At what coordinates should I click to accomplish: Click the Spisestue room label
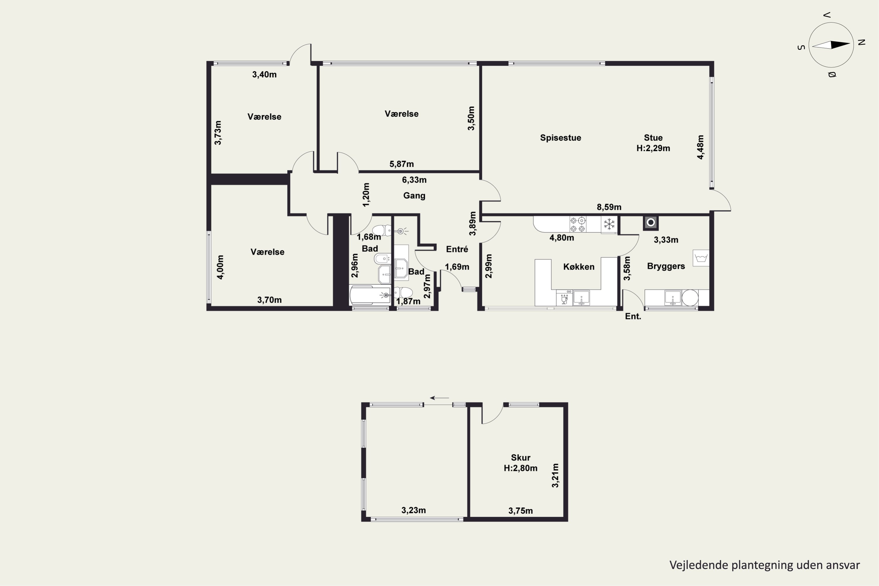[560, 138]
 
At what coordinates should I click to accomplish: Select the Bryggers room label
[666, 266]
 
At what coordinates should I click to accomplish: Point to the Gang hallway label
[414, 195]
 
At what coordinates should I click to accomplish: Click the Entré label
[457, 249]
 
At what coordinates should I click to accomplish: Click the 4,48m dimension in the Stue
[700, 147]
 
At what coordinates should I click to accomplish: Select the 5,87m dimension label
[401, 164]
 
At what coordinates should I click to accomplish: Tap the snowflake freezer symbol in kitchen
[609, 224]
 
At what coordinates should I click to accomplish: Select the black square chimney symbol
[651, 223]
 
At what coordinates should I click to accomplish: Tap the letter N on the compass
[862, 42]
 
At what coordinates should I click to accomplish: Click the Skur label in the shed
[521, 458]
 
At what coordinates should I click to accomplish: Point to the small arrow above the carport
[439, 398]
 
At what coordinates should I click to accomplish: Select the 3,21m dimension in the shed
[555, 475]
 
